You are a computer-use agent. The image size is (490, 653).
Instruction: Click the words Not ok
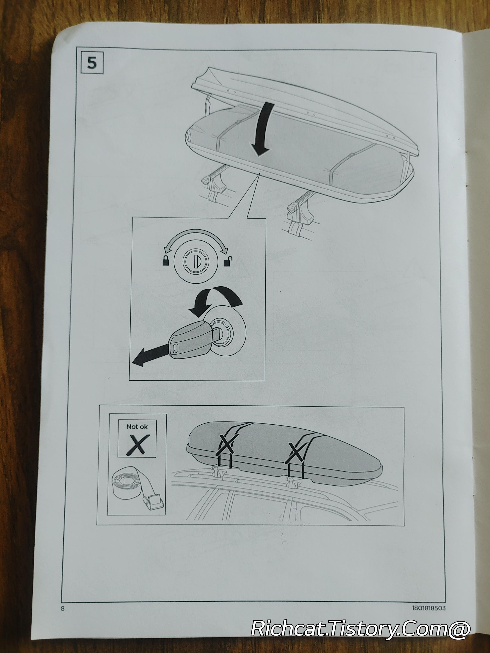pos(137,426)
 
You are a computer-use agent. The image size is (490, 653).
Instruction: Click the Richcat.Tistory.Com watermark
pos(361,628)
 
